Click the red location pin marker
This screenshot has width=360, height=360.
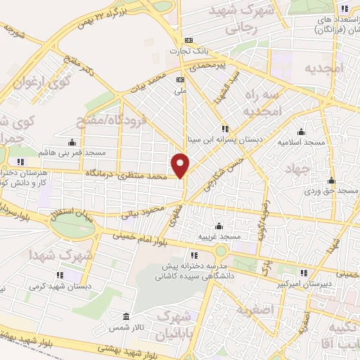click(x=181, y=165)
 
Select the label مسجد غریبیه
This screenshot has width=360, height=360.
click(x=219, y=238)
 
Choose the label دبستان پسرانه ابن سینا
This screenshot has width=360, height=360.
click(x=226, y=140)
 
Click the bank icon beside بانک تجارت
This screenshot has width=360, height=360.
click(x=188, y=41)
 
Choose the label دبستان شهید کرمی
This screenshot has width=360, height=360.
click(x=60, y=286)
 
